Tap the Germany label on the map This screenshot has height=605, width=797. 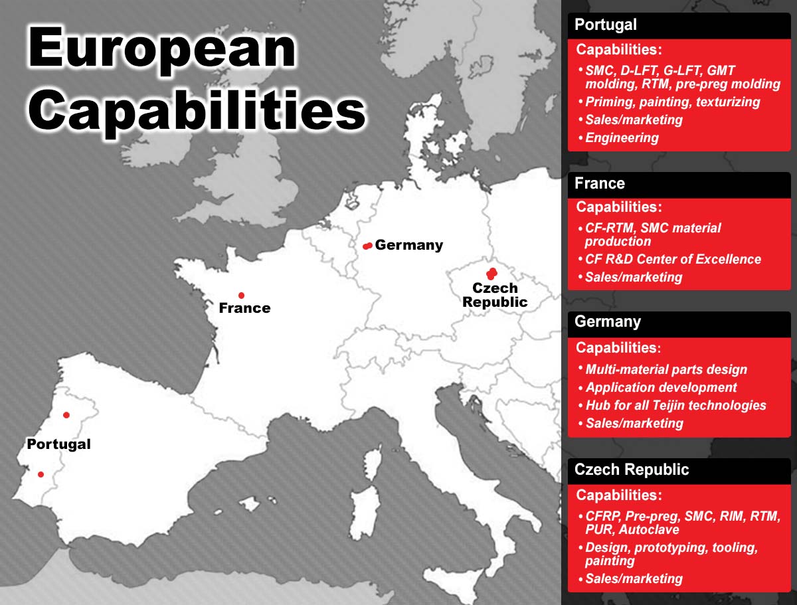(409, 245)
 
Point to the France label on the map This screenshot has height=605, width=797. (244, 307)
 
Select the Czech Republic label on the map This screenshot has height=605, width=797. (495, 295)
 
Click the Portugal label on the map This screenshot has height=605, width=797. (59, 444)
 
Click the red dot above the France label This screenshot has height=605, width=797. (242, 296)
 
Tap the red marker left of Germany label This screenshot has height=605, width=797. (367, 246)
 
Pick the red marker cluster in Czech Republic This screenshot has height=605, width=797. (491, 274)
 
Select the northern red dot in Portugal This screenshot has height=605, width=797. (66, 415)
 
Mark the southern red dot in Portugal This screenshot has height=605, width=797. (41, 474)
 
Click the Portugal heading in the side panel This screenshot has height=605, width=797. (606, 25)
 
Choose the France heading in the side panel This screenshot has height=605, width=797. (600, 183)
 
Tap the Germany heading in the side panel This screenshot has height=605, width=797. (608, 322)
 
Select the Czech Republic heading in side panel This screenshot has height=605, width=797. (632, 470)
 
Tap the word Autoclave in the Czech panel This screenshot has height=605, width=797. (649, 529)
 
